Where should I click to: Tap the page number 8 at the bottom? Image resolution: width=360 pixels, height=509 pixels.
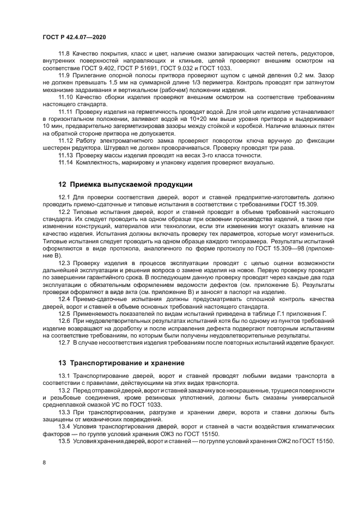tap(44, 462)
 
